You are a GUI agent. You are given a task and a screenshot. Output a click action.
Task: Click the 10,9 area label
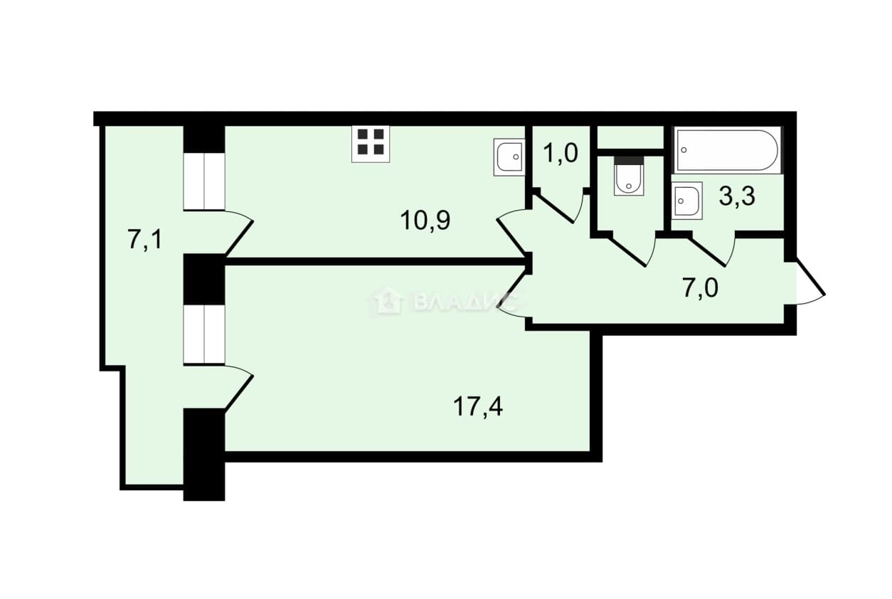pyautogui.click(x=425, y=221)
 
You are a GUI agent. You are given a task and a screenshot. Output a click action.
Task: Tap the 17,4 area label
pyautogui.click(x=478, y=407)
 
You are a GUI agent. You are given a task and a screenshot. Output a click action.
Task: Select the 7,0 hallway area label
pyautogui.click(x=701, y=288)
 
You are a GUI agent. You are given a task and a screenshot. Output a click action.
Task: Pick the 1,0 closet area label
pyautogui.click(x=561, y=153)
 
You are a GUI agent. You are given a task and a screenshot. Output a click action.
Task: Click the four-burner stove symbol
pyautogui.click(x=371, y=144)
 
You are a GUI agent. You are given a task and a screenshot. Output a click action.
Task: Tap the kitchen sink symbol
pyautogui.click(x=509, y=157)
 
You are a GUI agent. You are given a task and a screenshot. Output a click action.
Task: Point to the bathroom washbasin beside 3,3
pyautogui.click(x=687, y=201)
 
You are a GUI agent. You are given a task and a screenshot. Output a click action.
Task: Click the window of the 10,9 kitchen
pyautogui.click(x=204, y=181)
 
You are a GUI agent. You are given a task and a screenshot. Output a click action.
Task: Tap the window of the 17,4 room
pyautogui.click(x=204, y=334)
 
